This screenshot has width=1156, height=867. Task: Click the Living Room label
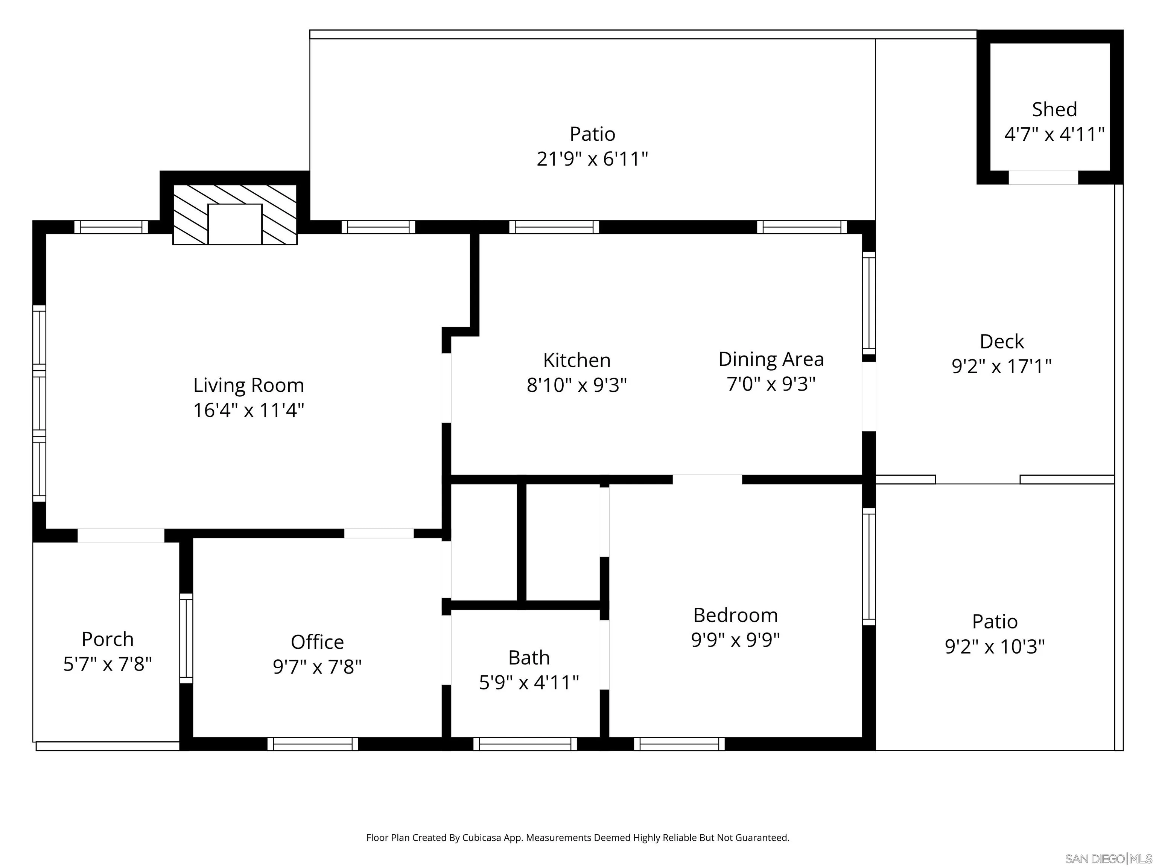coord(248,385)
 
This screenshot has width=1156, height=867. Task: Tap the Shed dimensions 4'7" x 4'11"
coord(1054,134)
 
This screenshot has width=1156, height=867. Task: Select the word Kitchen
coord(576,360)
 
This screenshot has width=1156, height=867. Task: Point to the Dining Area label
coord(771,359)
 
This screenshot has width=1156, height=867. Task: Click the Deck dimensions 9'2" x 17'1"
coord(1001,366)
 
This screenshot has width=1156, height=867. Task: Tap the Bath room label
coord(529,657)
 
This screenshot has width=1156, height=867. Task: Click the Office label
coord(317,642)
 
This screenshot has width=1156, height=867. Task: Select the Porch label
coord(108,639)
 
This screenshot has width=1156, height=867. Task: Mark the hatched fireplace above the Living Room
coord(235,214)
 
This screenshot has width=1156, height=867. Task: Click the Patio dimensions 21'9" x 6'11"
coord(592,158)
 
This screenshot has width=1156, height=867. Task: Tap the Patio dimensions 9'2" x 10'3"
coord(995,646)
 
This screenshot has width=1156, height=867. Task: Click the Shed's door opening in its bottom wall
coord(1043,178)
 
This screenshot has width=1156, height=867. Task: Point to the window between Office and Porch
coord(186,638)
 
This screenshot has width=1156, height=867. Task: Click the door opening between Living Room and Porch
coord(121,535)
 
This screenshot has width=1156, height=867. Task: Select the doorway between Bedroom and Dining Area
coord(707,479)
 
